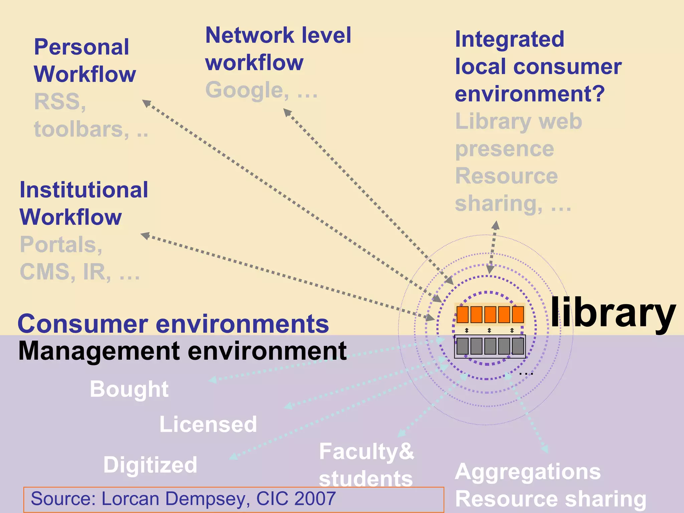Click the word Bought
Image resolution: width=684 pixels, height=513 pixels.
[x=129, y=389]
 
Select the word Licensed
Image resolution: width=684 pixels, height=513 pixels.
[x=208, y=424]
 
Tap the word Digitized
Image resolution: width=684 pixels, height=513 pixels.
[x=150, y=465]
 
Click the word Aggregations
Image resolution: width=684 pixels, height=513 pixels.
[x=528, y=472]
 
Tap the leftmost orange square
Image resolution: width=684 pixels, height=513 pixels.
[x=463, y=314]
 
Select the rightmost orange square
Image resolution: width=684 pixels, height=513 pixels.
[x=518, y=314]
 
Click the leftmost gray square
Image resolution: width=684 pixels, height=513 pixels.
[x=463, y=346]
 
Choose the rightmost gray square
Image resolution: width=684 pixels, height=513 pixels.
[x=518, y=346]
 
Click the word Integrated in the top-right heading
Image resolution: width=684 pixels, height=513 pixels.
[x=510, y=39]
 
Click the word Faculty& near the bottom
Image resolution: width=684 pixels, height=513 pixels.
[x=366, y=451]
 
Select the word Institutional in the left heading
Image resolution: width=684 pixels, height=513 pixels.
[x=84, y=190]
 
